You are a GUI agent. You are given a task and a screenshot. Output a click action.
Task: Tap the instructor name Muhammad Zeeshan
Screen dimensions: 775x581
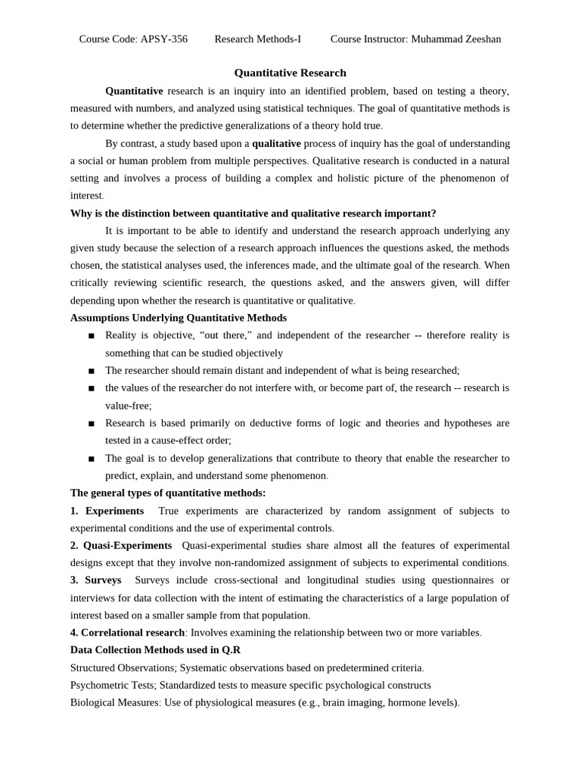(x=455, y=39)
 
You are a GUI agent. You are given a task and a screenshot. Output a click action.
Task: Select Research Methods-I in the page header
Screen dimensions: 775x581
(x=257, y=39)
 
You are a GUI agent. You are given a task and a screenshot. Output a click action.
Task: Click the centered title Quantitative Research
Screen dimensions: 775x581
(x=290, y=73)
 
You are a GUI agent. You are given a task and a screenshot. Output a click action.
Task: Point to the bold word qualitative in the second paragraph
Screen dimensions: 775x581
(x=276, y=143)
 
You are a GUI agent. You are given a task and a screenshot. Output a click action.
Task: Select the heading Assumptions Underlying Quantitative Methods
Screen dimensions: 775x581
(x=179, y=318)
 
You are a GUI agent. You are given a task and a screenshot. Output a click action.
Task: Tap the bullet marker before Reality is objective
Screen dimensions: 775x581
(x=92, y=336)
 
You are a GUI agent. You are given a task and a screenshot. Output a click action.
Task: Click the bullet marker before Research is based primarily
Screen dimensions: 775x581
(x=92, y=424)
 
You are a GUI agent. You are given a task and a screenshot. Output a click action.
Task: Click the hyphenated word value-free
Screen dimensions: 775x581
(x=129, y=406)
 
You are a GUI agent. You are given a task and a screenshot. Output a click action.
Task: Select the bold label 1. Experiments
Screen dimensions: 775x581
(x=107, y=511)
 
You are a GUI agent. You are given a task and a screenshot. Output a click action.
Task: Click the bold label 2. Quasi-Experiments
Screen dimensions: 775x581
(x=121, y=546)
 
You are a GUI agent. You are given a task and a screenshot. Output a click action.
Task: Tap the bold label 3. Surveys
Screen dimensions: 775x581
(x=96, y=580)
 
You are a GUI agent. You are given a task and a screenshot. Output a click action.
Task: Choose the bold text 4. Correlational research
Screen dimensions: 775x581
(x=127, y=633)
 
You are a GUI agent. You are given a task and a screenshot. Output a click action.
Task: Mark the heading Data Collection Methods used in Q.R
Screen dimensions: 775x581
(x=155, y=650)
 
